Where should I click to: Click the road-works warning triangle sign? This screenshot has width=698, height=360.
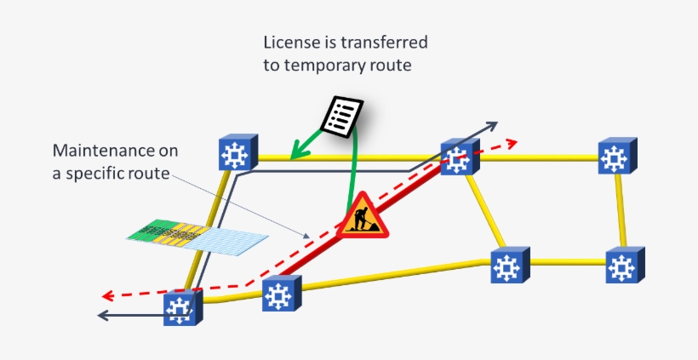coord(363,216)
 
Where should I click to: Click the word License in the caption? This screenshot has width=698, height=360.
coord(288,43)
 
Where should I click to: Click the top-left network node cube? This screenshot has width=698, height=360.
coord(234,154)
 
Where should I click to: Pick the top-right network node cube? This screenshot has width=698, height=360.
coord(615,157)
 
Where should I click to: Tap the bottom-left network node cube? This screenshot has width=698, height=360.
coord(180,307)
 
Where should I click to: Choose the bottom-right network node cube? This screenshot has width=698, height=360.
coord(621,266)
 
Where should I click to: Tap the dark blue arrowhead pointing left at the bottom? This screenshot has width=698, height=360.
coord(104,316)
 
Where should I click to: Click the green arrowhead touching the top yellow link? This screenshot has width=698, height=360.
coord(294,153)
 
